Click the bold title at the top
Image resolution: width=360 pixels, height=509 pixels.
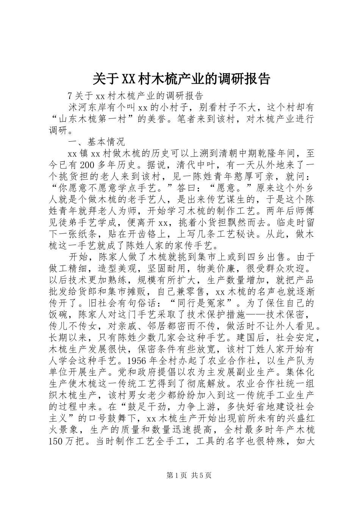(181, 79)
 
